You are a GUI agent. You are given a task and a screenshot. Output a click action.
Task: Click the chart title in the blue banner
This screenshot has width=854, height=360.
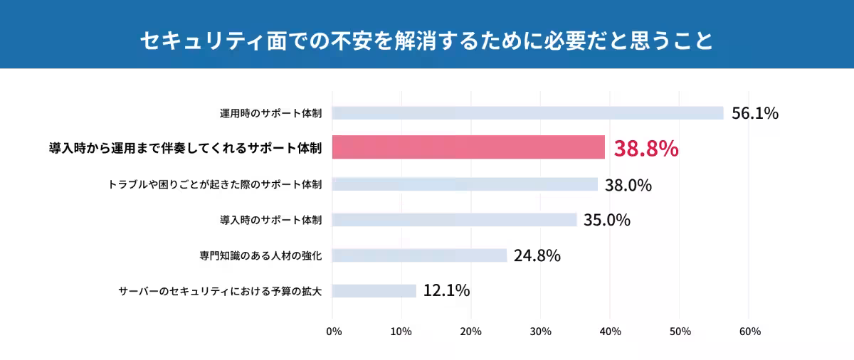coord(426,40)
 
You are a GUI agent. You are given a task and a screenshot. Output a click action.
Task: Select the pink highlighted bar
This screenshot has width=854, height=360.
coord(468,148)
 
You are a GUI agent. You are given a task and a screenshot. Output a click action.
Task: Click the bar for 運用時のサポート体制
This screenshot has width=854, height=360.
coord(527,113)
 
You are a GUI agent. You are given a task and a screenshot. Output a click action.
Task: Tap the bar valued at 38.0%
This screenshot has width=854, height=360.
coord(465,184)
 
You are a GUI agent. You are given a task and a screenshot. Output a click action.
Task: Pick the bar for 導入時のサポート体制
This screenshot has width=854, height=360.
coord(454,220)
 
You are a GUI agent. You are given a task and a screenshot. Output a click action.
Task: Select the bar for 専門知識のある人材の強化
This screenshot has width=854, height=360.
coord(419,255)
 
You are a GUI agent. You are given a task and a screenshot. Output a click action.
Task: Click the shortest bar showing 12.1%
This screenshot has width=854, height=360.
coord(374,291)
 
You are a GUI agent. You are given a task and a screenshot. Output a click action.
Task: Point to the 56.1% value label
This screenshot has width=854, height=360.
coord(755,113)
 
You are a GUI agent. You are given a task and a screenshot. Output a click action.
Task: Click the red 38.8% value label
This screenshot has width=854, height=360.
coord(646,149)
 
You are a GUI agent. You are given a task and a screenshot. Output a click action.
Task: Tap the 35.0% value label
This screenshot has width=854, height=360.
coord(607,220)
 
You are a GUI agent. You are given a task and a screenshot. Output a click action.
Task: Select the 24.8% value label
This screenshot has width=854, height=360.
coord(537,255)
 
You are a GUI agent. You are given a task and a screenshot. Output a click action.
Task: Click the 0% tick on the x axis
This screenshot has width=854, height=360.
coord(333,332)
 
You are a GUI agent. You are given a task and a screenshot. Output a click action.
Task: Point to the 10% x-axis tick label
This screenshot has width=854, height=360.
coord(401,332)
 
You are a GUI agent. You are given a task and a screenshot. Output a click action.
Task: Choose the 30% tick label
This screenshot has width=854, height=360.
coord(541,332)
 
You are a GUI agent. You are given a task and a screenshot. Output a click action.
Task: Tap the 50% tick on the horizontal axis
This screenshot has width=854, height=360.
coord(680,332)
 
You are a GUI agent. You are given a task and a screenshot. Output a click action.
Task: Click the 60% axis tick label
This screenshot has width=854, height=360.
coord(749,332)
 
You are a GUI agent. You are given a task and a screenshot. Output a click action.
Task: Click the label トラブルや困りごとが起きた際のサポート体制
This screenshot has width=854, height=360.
coord(215,184)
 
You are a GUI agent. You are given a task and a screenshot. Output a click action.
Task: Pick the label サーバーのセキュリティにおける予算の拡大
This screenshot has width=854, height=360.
coord(220,291)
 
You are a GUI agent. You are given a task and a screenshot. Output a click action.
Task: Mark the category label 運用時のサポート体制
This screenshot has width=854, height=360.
coord(270,113)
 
